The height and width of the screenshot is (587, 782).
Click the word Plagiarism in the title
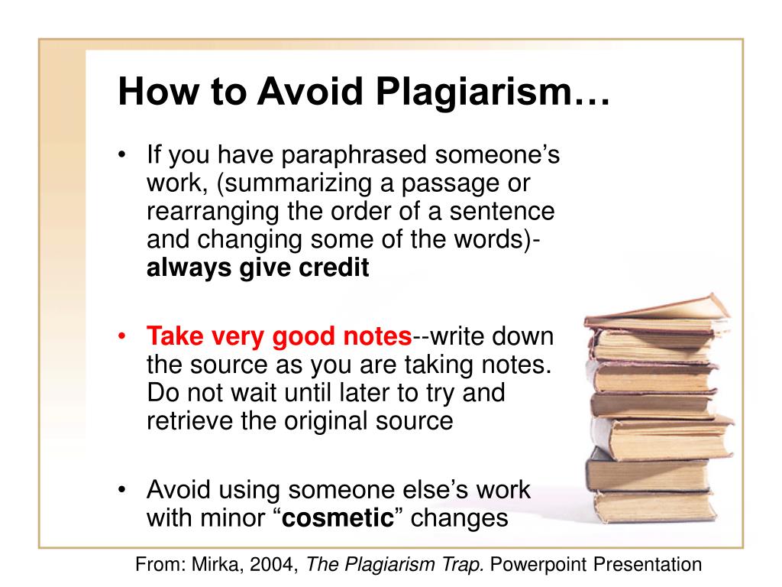click(473, 92)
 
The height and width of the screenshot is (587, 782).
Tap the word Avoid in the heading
click(310, 92)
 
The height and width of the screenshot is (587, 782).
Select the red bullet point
click(121, 336)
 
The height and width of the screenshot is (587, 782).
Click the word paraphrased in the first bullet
click(354, 155)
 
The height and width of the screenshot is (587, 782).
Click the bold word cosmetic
click(338, 517)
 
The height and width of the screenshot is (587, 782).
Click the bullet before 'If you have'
click(121, 154)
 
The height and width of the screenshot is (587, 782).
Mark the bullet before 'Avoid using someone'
click(121, 489)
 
